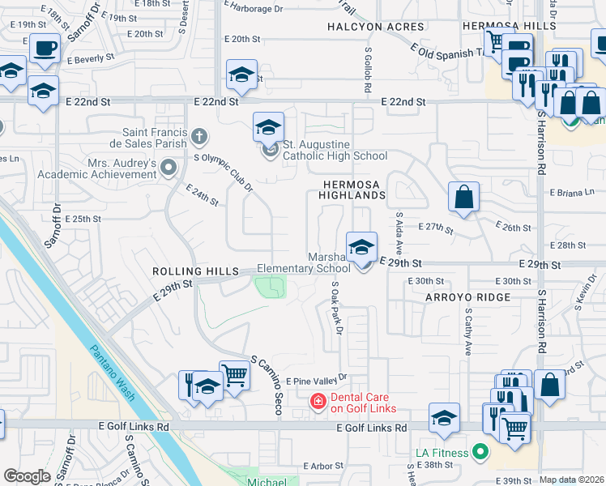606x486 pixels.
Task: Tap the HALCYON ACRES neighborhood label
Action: [x=365, y=27]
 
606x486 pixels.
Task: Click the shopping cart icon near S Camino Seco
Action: [x=234, y=375]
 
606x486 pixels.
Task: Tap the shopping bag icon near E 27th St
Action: [x=463, y=197]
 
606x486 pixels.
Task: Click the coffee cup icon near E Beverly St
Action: [x=45, y=48]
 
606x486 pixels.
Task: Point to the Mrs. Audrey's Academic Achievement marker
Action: [x=169, y=168]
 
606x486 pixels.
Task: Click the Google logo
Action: [x=27, y=476]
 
